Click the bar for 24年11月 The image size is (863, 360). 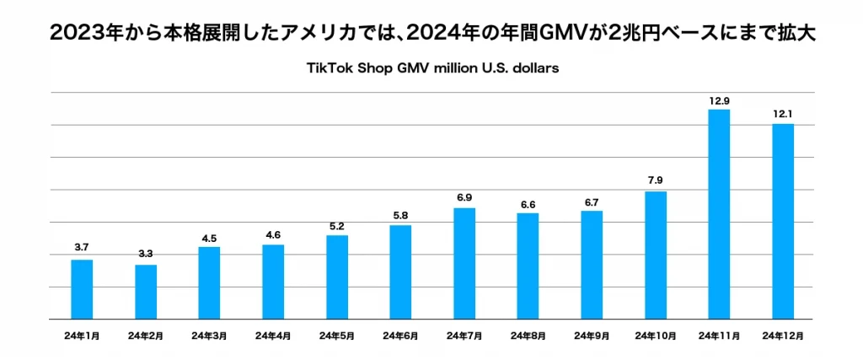[x=719, y=214]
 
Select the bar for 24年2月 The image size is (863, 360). [x=146, y=292]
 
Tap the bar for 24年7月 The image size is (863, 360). [x=464, y=263]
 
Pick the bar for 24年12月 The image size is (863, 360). [x=783, y=221]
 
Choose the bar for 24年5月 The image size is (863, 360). [x=337, y=277]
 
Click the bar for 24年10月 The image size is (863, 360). [x=656, y=255]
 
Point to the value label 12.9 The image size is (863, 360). [x=719, y=101]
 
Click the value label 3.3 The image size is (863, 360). [x=146, y=254]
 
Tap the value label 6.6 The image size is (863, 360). [x=528, y=203]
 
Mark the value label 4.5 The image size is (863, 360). [x=209, y=238]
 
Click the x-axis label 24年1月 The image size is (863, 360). [x=82, y=336]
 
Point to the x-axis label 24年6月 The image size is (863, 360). [x=400, y=336]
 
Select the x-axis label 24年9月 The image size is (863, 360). [x=592, y=336]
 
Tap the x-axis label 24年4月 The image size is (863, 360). [x=273, y=336]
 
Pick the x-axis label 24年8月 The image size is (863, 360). [x=528, y=336]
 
